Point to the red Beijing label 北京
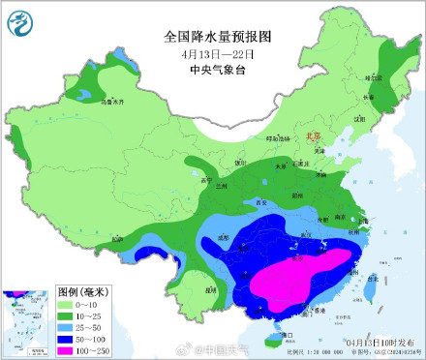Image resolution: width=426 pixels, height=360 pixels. (312, 137)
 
